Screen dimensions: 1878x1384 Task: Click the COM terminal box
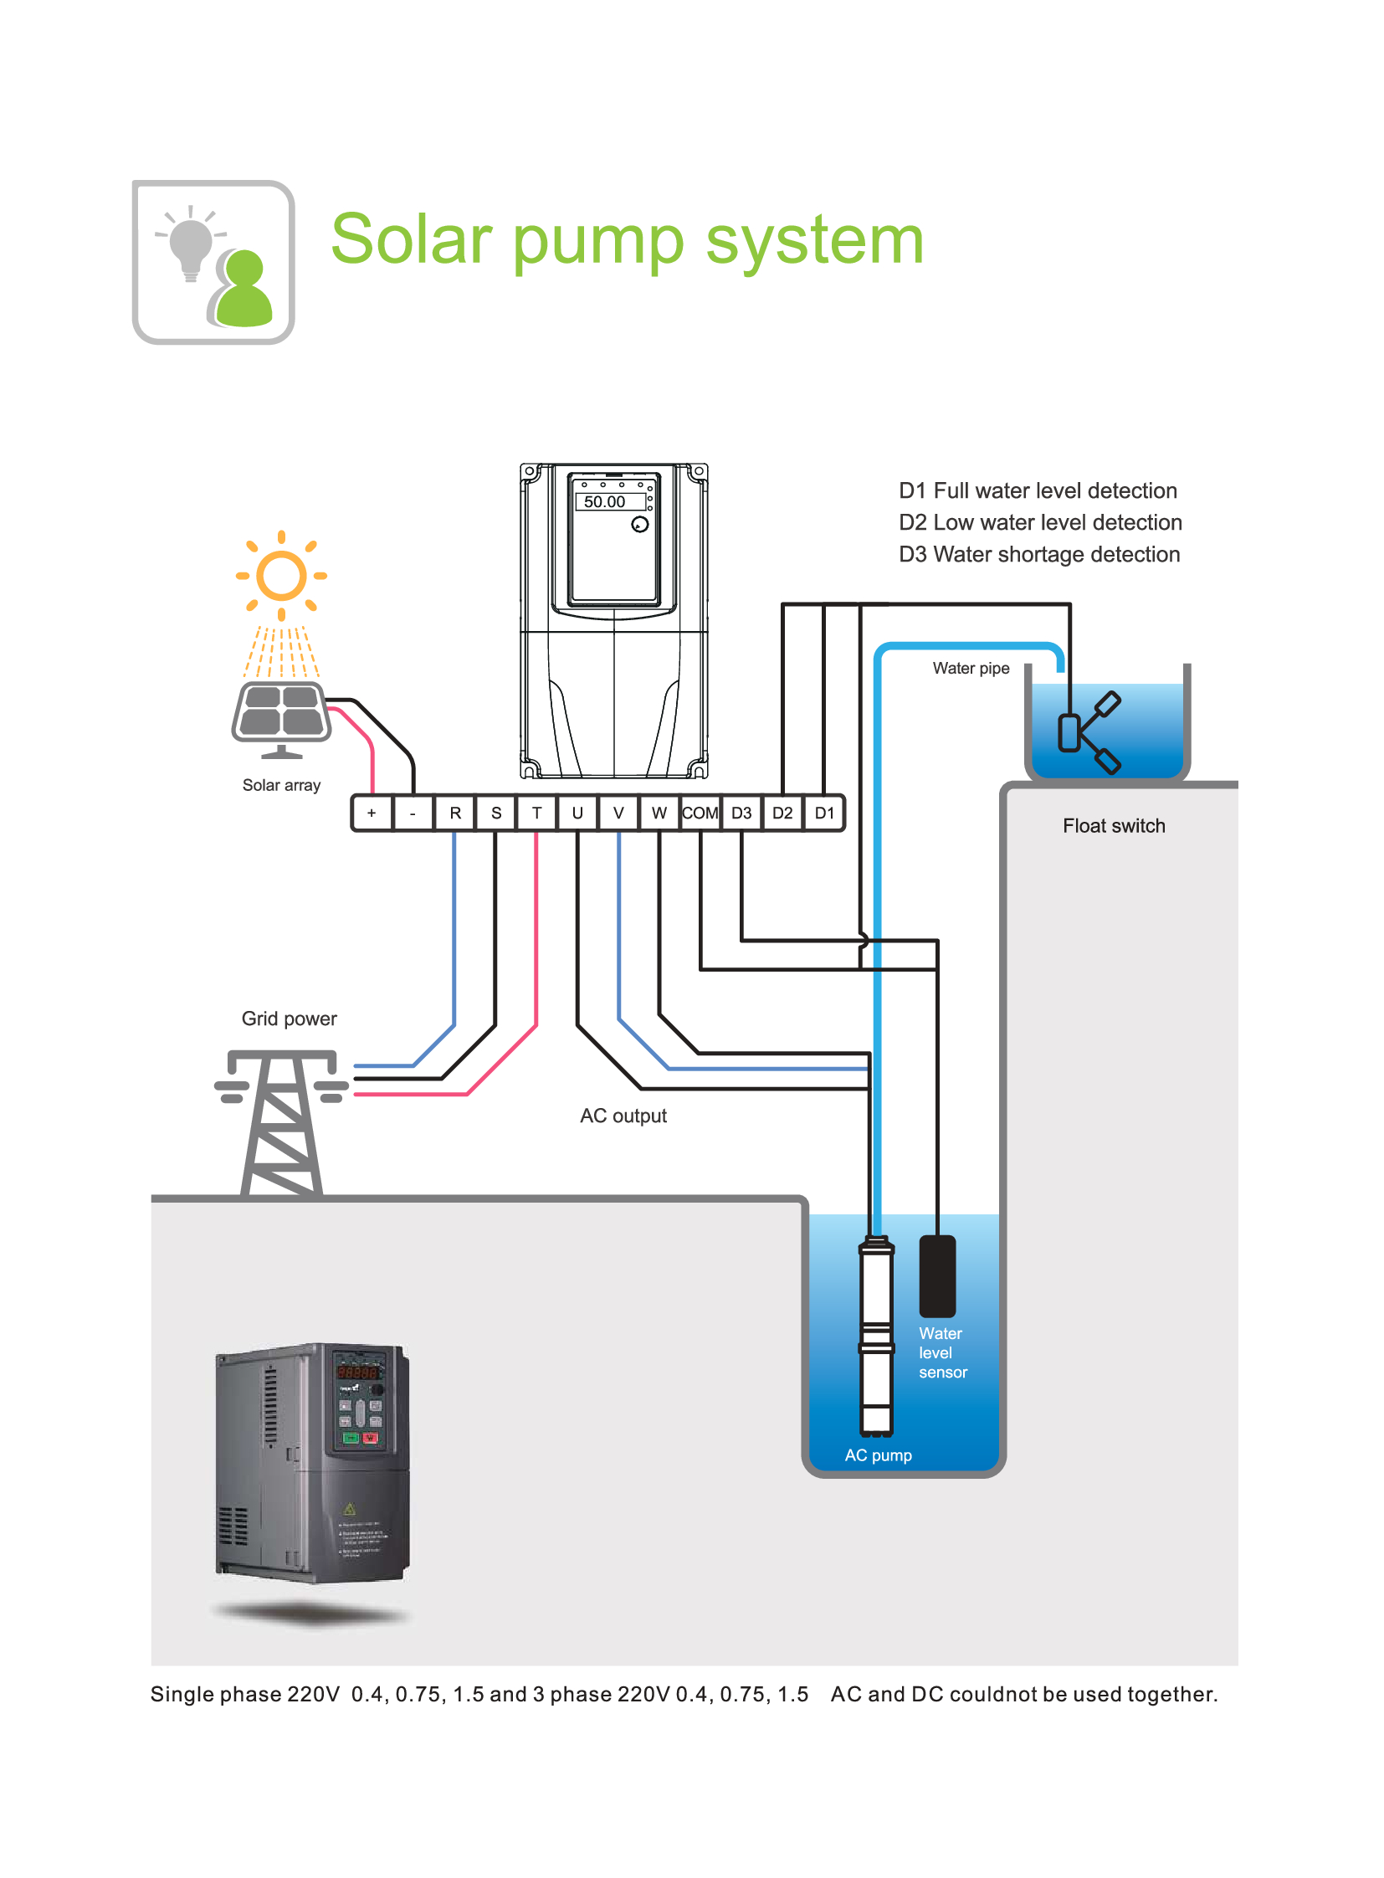coord(700,813)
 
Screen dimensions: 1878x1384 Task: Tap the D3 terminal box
coord(741,813)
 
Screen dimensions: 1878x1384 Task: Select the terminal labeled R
coord(455,813)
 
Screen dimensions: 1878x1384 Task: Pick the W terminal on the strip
coord(659,813)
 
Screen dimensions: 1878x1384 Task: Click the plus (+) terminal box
coord(372,813)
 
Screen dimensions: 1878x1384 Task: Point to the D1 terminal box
coord(824,813)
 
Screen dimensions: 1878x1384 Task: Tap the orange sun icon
coord(280,576)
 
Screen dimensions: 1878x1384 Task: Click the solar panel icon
coord(281,711)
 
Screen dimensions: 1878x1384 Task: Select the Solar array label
coord(281,785)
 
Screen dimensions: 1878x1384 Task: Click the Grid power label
coord(289,1019)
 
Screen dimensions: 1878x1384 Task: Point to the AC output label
coord(623,1116)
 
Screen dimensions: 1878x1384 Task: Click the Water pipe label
coord(971,668)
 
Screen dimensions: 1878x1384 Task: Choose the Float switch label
coord(1114,825)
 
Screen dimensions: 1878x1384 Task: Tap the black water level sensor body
coord(937,1275)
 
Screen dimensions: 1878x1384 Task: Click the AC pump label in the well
coord(878,1455)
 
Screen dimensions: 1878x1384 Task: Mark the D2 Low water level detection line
coord(1040,522)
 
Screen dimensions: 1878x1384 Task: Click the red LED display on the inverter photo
coord(358,1372)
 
